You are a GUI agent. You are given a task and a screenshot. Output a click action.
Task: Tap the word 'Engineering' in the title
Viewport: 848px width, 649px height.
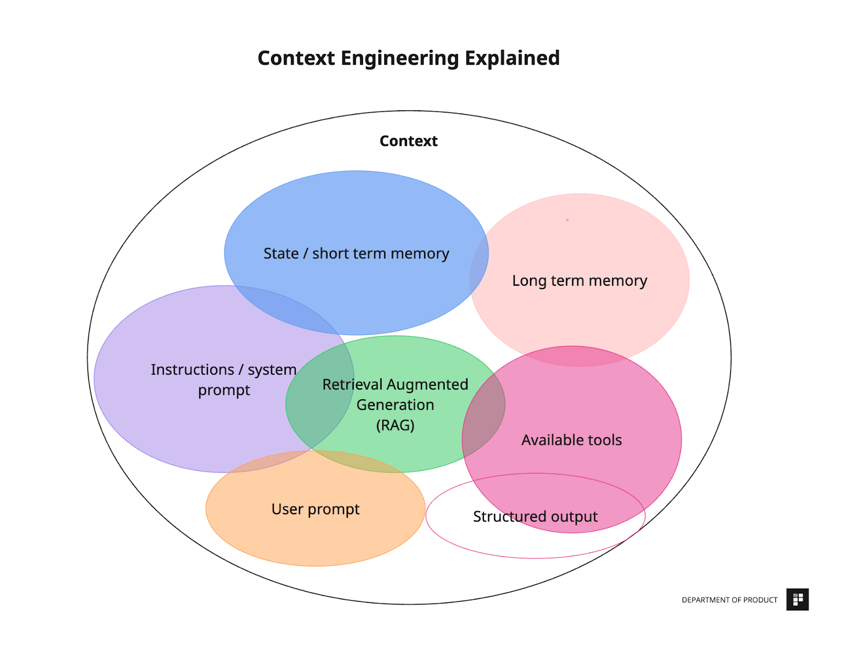click(399, 58)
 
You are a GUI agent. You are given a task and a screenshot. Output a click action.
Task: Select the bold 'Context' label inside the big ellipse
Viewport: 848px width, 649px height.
click(408, 141)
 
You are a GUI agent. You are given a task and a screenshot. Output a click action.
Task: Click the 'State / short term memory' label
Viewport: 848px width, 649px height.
click(356, 253)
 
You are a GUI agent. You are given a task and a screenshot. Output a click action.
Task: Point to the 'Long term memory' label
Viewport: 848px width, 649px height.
click(579, 280)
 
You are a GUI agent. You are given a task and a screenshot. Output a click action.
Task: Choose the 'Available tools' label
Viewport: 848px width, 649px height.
click(571, 440)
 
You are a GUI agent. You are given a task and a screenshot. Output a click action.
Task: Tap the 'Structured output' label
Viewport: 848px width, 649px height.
click(535, 516)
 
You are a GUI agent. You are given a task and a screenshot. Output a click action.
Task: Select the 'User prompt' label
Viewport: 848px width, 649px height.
click(315, 509)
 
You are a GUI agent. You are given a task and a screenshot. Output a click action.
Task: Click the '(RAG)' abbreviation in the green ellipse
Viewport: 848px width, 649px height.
click(395, 425)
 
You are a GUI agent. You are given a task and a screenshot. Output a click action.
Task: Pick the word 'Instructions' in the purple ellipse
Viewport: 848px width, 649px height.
click(192, 370)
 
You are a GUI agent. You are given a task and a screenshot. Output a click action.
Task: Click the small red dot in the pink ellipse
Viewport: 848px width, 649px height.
click(567, 220)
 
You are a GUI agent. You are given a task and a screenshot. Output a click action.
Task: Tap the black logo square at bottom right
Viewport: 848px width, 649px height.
click(797, 600)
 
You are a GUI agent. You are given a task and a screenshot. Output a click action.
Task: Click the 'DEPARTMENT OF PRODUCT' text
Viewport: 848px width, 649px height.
click(729, 600)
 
